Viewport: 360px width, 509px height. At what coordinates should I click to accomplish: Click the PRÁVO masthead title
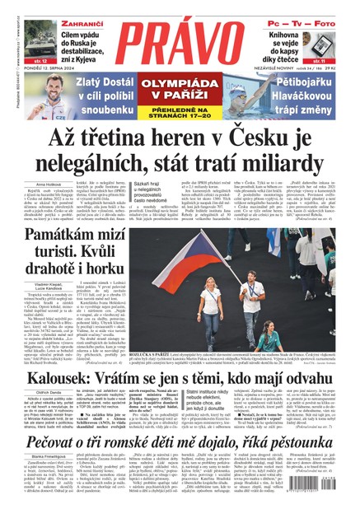pyautogui.click(x=180, y=36)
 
